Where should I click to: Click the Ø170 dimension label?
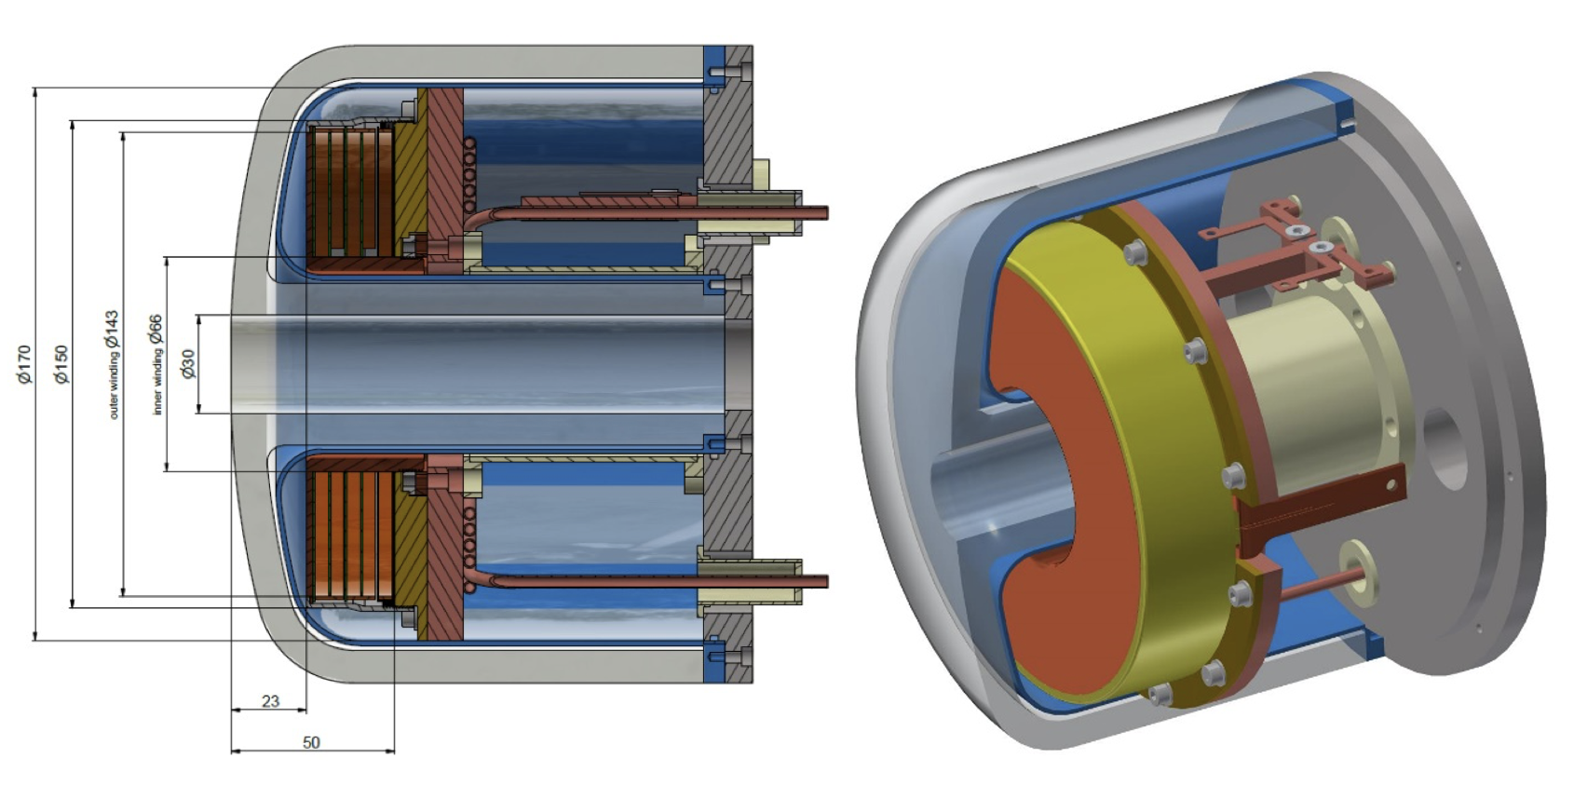24,364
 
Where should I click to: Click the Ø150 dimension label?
61,364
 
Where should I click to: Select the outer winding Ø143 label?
112,364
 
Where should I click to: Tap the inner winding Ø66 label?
156,364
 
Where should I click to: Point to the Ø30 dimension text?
189,364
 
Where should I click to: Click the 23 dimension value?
270,700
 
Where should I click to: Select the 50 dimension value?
311,742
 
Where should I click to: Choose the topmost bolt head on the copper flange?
1134,250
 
